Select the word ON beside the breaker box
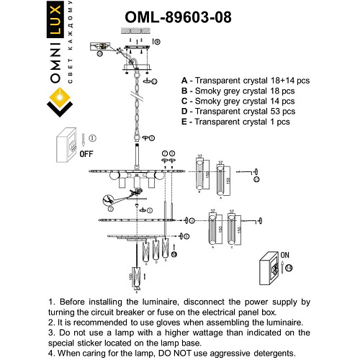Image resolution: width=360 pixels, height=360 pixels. point(284,256)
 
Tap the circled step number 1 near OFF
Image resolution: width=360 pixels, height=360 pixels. point(91,137)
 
